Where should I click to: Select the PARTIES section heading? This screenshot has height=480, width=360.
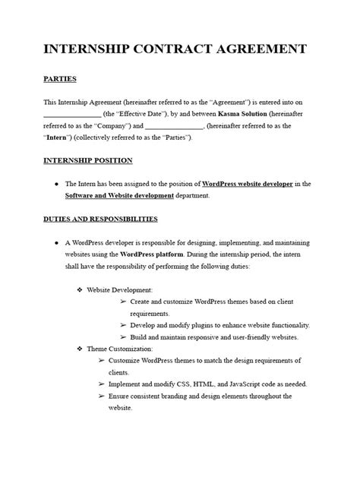point(60,79)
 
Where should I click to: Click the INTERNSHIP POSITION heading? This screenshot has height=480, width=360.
point(87,160)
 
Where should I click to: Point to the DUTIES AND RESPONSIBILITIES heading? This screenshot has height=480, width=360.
point(100,219)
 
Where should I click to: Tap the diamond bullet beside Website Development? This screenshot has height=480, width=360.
point(80,289)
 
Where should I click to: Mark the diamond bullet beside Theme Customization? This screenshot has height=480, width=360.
point(80,348)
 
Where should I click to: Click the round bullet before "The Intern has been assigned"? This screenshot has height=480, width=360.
point(57,184)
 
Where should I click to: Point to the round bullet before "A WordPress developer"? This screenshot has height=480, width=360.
point(57,242)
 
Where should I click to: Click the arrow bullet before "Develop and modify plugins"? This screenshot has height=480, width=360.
point(123,324)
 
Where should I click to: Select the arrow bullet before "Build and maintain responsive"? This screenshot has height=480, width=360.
point(123,336)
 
